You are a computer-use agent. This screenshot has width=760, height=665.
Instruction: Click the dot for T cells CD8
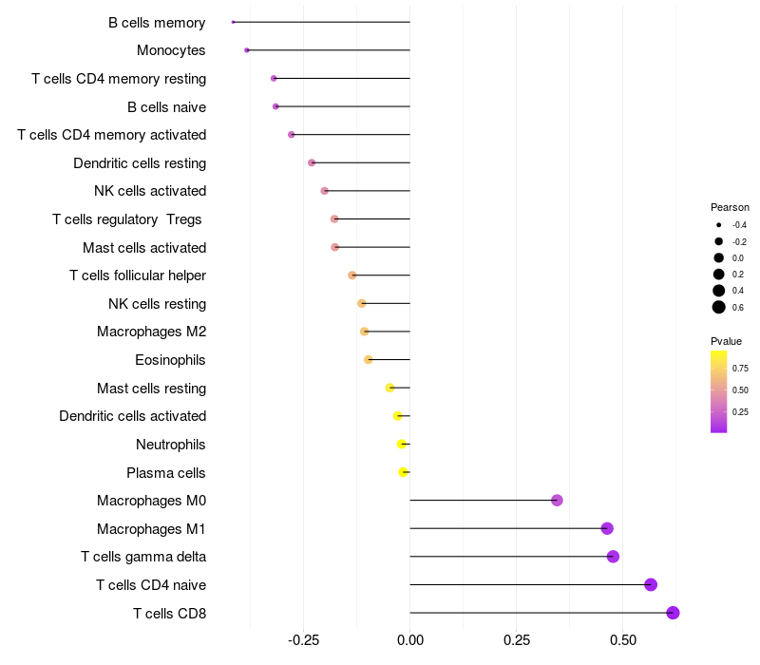click(x=674, y=613)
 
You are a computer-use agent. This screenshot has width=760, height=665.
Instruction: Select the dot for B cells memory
click(x=233, y=22)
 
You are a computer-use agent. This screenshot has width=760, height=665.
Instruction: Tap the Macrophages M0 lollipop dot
click(x=557, y=501)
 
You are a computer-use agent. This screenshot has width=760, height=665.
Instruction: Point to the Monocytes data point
click(x=247, y=50)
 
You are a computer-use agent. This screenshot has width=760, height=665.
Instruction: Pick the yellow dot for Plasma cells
click(x=404, y=472)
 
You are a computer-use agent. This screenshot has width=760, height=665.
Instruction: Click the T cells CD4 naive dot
click(x=651, y=584)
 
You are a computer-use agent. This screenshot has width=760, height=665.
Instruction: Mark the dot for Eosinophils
click(x=369, y=360)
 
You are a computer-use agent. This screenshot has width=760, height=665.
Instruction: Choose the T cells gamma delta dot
click(x=613, y=557)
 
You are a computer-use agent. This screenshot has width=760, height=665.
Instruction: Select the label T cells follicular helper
click(x=138, y=275)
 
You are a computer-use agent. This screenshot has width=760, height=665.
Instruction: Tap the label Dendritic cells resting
click(x=140, y=163)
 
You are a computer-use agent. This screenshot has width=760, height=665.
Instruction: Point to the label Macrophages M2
click(x=152, y=332)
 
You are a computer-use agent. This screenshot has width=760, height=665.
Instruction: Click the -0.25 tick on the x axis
click(x=303, y=640)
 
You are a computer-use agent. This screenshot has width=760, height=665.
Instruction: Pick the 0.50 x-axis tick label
click(x=622, y=640)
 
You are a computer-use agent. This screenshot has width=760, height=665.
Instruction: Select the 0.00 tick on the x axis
click(x=409, y=640)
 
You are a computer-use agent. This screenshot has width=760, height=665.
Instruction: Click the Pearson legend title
click(x=730, y=207)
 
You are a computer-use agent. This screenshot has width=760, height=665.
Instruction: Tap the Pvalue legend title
click(x=726, y=341)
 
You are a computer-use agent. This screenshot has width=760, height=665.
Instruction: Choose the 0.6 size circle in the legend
click(x=719, y=307)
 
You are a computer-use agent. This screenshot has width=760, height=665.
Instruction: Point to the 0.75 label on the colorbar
click(x=740, y=368)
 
